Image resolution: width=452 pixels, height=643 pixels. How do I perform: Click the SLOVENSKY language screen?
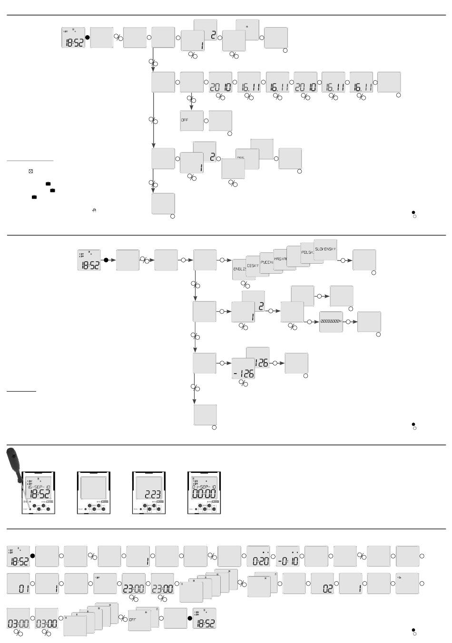(325, 249)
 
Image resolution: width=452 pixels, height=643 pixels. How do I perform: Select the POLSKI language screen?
(307, 253)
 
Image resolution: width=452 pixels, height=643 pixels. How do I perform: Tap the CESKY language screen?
(253, 266)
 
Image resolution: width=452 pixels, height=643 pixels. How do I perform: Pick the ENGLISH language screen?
(239, 269)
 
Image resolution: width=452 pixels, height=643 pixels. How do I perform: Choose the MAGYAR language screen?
(279, 259)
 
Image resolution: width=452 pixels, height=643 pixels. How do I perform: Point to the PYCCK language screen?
(266, 262)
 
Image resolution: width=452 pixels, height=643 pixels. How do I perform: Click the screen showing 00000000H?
(331, 322)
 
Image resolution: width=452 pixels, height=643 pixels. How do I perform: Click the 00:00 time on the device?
(204, 494)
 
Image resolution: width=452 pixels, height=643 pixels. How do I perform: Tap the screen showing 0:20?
(259, 557)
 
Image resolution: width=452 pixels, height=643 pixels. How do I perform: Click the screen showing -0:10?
(288, 557)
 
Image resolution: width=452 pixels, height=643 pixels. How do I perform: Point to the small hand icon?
(95, 210)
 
